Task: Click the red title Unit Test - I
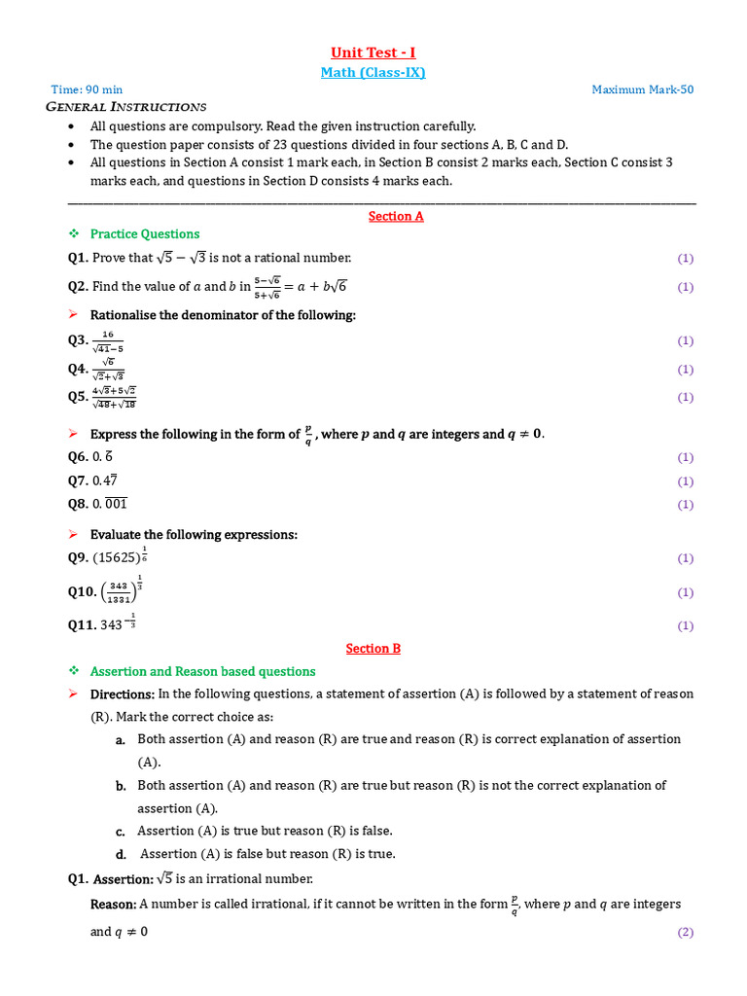click(x=373, y=53)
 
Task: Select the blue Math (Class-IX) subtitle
click(x=373, y=72)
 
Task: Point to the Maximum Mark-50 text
click(x=643, y=89)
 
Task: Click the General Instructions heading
click(x=126, y=106)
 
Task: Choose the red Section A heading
click(x=396, y=216)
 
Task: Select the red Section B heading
click(x=373, y=648)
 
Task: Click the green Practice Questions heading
click(x=144, y=233)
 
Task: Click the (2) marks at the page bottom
click(x=685, y=932)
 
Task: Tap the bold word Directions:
click(x=123, y=694)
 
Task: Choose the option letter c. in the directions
click(x=121, y=831)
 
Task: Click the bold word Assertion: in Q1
click(x=124, y=879)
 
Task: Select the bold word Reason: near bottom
click(x=113, y=905)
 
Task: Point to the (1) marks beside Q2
click(x=685, y=287)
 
